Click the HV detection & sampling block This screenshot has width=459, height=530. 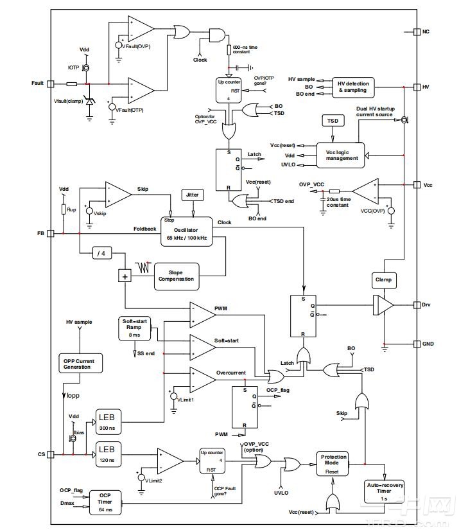pyautogui.click(x=353, y=87)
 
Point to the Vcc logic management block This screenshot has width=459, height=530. pyautogui.click(x=342, y=155)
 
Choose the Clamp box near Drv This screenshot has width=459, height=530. pyautogui.click(x=384, y=280)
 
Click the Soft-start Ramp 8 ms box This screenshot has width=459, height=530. pyautogui.click(x=135, y=328)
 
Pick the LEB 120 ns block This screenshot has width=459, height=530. pyautogui.click(x=107, y=452)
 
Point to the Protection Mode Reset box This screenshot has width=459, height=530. pyautogui.click(x=333, y=463)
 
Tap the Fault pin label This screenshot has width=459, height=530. pyautogui.click(x=37, y=84)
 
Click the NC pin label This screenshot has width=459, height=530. pyautogui.click(x=426, y=31)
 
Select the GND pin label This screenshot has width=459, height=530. pyautogui.click(x=428, y=344)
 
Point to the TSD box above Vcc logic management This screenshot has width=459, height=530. pyautogui.click(x=333, y=121)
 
